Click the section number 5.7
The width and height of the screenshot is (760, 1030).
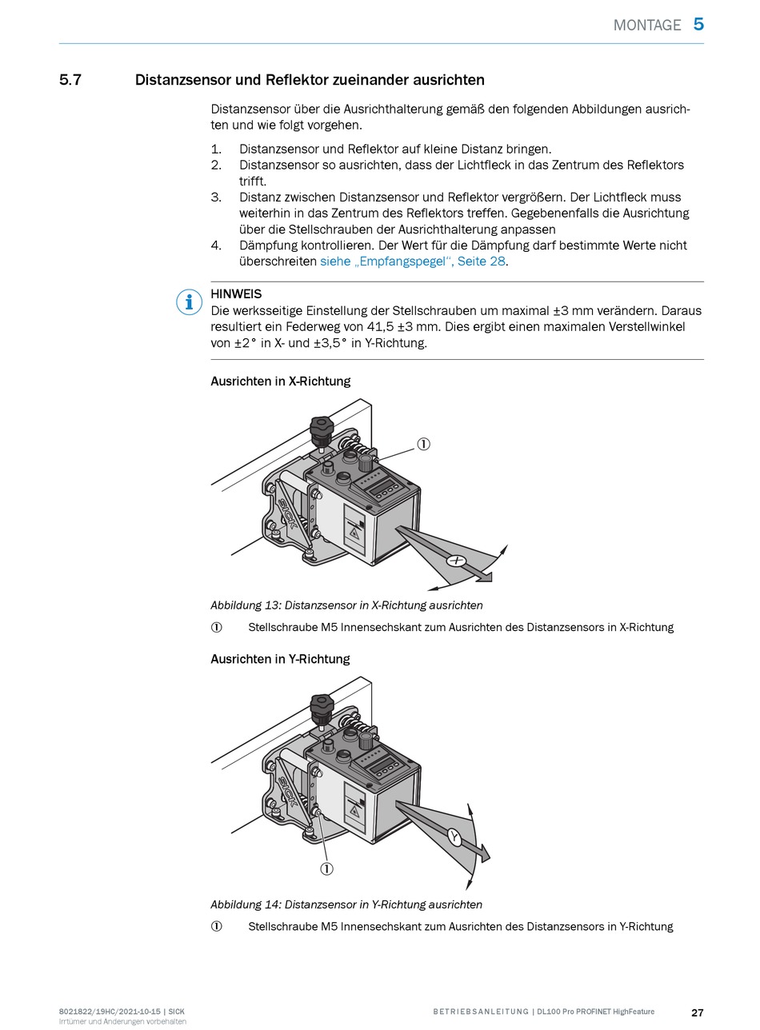point(70,80)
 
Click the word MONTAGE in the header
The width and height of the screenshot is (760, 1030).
point(646,25)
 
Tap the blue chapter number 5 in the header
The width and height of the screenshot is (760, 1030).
point(698,24)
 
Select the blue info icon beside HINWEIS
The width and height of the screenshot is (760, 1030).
point(189,301)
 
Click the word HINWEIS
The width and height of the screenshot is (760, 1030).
point(236,293)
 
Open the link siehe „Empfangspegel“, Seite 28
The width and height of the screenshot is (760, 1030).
point(413,261)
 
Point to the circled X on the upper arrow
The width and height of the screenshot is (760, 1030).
point(457,561)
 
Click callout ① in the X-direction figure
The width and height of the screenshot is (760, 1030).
point(424,444)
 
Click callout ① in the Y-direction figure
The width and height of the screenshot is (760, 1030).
point(326,868)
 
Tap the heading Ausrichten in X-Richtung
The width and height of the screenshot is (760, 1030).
point(280,381)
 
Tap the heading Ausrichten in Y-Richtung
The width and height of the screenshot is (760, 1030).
point(280,659)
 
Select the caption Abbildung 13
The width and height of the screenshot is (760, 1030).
point(346,605)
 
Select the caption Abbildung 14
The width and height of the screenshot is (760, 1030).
point(346,904)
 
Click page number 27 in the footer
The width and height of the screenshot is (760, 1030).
point(697,1012)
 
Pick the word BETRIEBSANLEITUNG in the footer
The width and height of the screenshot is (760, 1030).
point(481,1012)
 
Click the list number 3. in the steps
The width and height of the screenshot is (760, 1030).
point(216,198)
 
